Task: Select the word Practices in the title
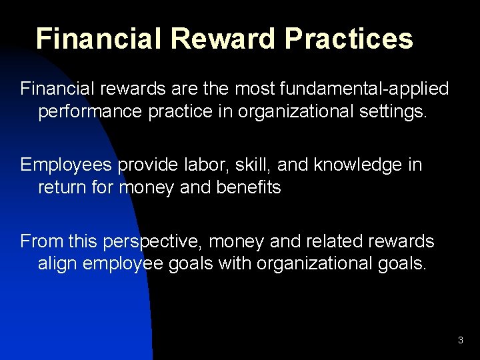click(x=349, y=39)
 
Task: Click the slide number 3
click(x=460, y=341)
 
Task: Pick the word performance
click(x=91, y=111)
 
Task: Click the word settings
click(x=392, y=111)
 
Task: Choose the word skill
click(x=249, y=164)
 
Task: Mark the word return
click(x=64, y=187)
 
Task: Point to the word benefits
click(x=249, y=187)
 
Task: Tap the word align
click(x=57, y=263)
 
